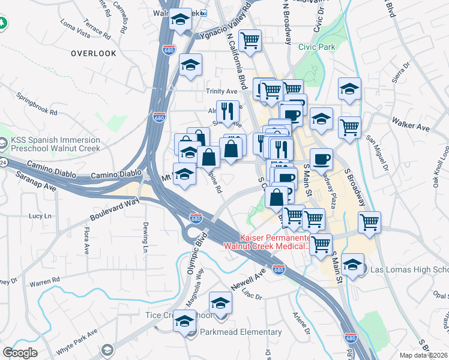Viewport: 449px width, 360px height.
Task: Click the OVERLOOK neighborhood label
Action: pos(93,53)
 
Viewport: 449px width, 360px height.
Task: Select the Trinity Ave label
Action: pos(222,91)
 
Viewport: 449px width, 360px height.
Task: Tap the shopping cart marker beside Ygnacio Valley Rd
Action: pos(250,41)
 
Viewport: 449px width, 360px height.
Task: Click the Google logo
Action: pos(20,353)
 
